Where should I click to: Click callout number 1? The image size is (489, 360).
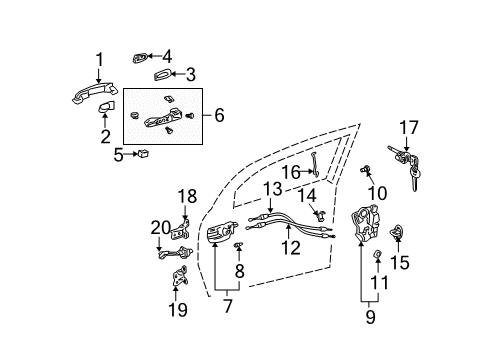(98, 59)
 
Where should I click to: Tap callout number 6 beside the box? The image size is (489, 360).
(218, 115)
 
